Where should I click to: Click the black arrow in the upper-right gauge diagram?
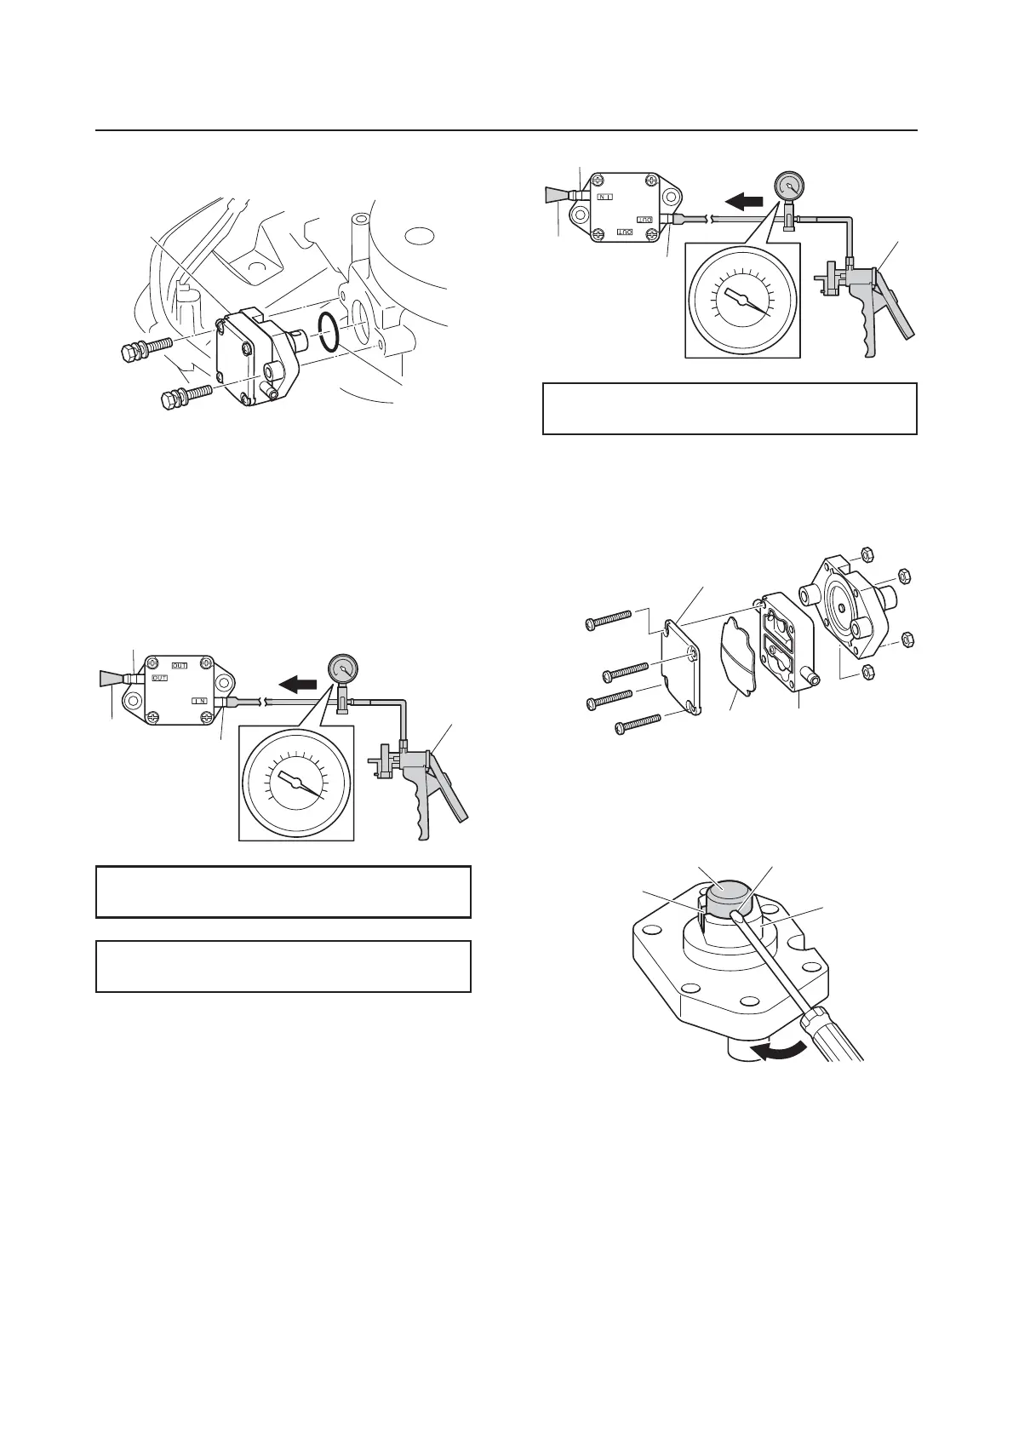(745, 201)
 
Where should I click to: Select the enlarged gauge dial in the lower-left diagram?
(296, 785)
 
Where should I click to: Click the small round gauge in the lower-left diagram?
(343, 668)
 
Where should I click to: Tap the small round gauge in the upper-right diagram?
(790, 186)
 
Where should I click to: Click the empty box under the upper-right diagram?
(730, 409)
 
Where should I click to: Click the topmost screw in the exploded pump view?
(608, 618)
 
